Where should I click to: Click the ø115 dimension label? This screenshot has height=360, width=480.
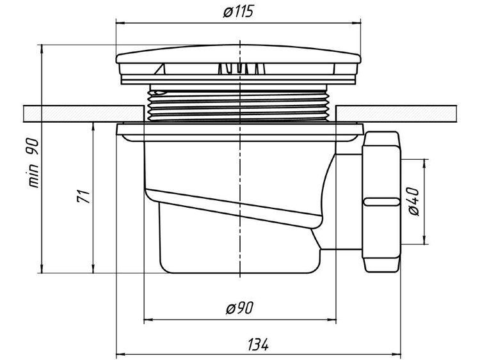[x=239, y=12]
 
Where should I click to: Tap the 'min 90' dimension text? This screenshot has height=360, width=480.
[x=34, y=162]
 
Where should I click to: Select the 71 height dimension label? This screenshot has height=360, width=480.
[x=83, y=197]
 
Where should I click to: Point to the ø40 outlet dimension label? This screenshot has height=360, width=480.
[x=414, y=201]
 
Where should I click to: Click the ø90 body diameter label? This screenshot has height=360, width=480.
[x=240, y=308]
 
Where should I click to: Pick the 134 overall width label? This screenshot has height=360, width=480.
[x=258, y=345]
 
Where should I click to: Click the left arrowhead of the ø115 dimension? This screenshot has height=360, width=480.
[x=120, y=23]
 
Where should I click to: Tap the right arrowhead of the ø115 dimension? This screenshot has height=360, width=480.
[x=357, y=23]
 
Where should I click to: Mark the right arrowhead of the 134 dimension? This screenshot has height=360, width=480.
[x=397, y=355]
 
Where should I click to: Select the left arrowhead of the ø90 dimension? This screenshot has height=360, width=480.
[x=148, y=320]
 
